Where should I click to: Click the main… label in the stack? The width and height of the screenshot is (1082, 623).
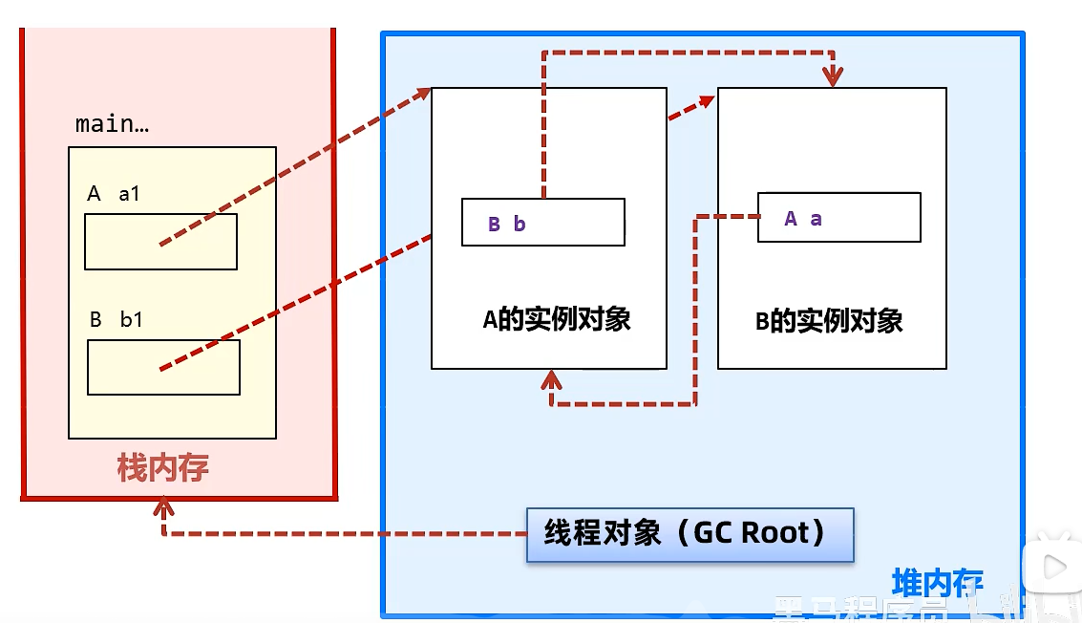pos(112,124)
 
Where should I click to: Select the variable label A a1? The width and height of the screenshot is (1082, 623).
pos(114,194)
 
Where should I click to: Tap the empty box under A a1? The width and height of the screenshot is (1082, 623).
pos(160,242)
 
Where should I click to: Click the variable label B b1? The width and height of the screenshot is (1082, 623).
pos(116,320)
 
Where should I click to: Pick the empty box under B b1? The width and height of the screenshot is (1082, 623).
pos(163,367)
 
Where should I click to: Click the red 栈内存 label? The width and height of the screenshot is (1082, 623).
pos(162,468)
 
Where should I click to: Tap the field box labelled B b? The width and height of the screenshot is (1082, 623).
pos(542,223)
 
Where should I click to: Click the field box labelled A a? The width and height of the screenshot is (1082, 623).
pos(838,218)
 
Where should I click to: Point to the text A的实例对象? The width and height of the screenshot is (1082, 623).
pos(557,320)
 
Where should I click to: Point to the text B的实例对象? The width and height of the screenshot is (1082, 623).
pos(829,321)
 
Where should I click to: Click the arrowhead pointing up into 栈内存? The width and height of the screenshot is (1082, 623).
pos(163,502)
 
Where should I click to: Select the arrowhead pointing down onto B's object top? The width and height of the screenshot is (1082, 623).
pos(833,76)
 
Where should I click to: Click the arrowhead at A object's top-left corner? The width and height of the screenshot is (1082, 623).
pos(422,92)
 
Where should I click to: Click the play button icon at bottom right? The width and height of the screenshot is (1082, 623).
pos(1054,568)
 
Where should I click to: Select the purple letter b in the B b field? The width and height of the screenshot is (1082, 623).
pos(520,225)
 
